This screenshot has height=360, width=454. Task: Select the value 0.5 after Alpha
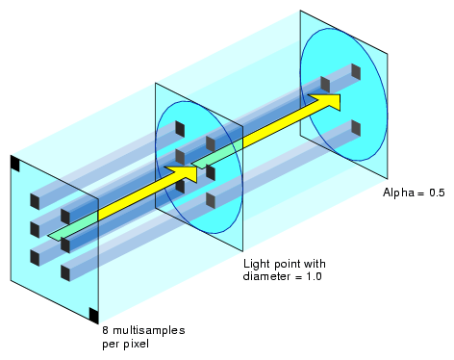click(437, 193)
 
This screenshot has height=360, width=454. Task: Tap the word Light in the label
click(257, 265)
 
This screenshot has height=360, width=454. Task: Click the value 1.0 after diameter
click(314, 276)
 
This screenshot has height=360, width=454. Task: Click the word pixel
click(136, 344)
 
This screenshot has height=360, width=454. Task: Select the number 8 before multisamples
click(106, 330)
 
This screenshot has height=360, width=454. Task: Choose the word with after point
click(315, 264)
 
